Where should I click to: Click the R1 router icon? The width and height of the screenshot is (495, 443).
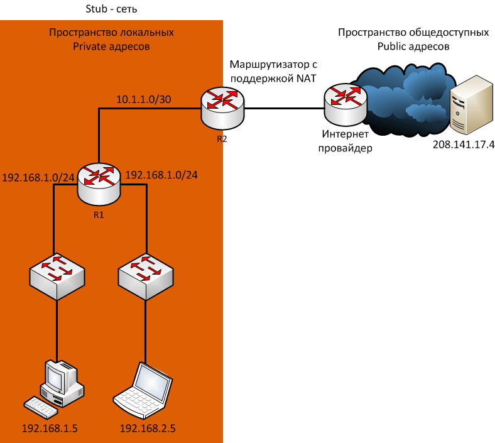[99, 183]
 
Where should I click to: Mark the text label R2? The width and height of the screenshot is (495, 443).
[222, 139]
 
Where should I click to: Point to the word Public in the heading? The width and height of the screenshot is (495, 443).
[393, 46]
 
